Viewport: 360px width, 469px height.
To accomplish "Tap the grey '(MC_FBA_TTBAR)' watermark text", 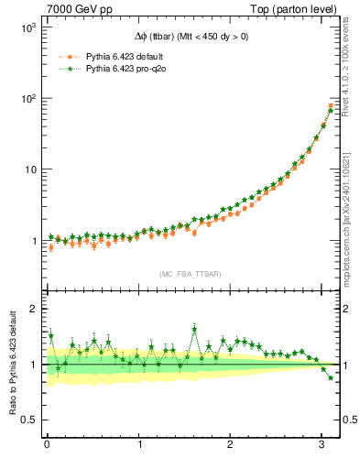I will pyautogui.click(x=189, y=274).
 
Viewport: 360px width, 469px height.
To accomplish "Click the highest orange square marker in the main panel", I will pyautogui.click(x=331, y=106).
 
